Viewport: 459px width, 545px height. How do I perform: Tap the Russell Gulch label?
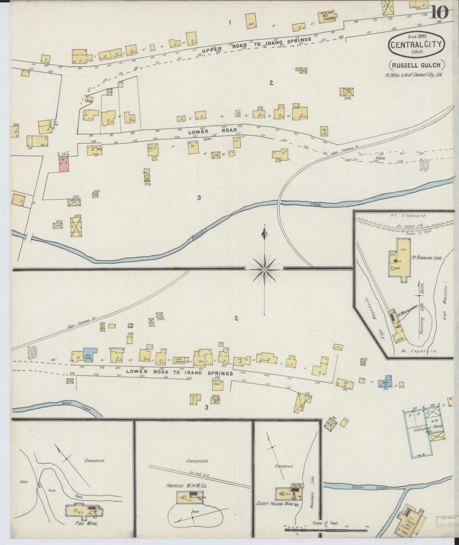coord(416,65)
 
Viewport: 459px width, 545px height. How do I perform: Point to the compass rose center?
coord(264,269)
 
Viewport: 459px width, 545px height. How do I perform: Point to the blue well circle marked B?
coord(55,122)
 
